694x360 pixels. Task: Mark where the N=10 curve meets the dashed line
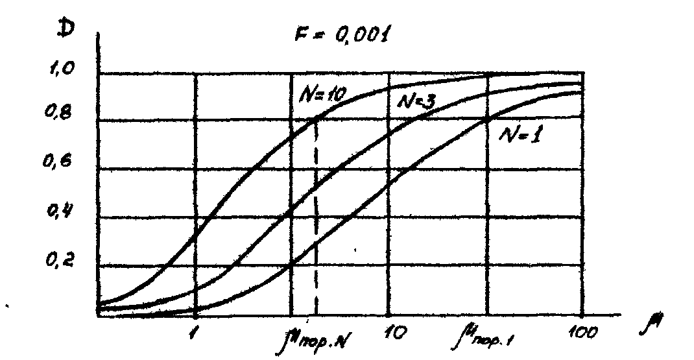(316, 119)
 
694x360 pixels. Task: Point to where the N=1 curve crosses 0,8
(486, 121)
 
